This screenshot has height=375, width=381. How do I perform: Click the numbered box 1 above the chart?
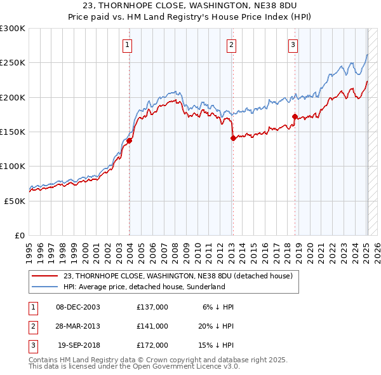click(128, 44)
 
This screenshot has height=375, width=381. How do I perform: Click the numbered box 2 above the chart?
click(231, 44)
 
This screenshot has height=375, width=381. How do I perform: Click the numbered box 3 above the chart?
click(293, 44)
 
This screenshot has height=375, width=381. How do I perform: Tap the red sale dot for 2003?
click(130, 140)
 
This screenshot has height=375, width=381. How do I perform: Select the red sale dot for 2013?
click(233, 138)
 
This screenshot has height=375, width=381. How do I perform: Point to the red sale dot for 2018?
click(295, 116)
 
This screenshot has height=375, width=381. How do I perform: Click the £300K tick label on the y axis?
click(13, 29)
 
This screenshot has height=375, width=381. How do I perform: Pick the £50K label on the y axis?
click(15, 200)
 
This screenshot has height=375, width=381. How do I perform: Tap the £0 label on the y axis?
click(19, 235)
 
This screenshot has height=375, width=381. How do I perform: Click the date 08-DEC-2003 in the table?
click(78, 306)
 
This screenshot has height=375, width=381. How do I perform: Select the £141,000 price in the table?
click(152, 326)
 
